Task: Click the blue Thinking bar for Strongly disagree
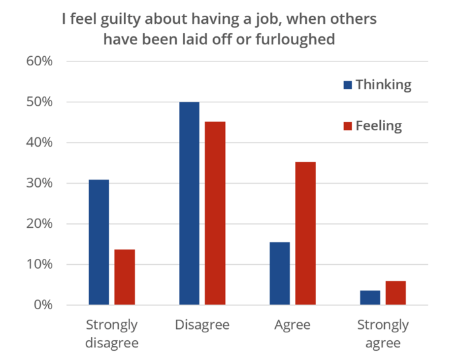pyautogui.click(x=99, y=242)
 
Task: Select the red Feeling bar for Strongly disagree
pyautogui.click(x=124, y=277)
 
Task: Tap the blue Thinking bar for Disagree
pyautogui.click(x=189, y=203)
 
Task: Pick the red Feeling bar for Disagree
pyautogui.click(x=214, y=213)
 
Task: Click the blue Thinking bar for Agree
pyautogui.click(x=280, y=273)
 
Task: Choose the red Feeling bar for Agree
pyautogui.click(x=305, y=233)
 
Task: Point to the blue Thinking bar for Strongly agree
pyautogui.click(x=370, y=297)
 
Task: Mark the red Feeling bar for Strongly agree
pyautogui.click(x=395, y=293)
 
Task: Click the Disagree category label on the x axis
pyautogui.click(x=202, y=325)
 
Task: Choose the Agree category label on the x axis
pyautogui.click(x=292, y=325)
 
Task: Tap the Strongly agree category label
pyautogui.click(x=383, y=334)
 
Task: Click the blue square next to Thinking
pyautogui.click(x=347, y=85)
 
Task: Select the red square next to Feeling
pyautogui.click(x=347, y=126)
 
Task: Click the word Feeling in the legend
pyautogui.click(x=378, y=126)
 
